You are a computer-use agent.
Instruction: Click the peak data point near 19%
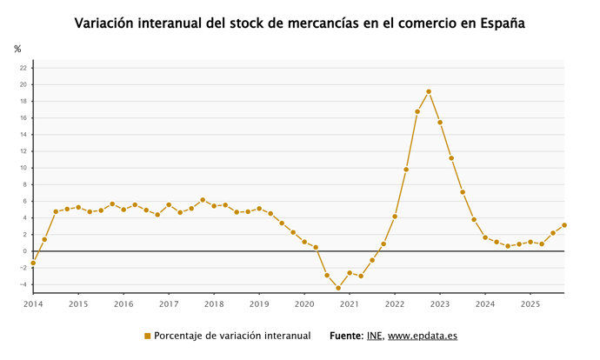(429, 91)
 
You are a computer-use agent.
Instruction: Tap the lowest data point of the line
(338, 288)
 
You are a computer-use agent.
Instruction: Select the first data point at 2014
(33, 263)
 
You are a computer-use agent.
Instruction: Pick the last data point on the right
(564, 225)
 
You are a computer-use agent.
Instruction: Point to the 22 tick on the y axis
(23, 68)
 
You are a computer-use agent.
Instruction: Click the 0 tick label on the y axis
(25, 251)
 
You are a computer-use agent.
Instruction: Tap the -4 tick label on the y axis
(23, 284)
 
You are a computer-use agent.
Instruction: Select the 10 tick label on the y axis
(23, 168)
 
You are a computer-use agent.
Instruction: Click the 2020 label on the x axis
(304, 304)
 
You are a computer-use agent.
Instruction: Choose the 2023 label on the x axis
(440, 304)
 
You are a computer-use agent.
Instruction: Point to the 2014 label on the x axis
(33, 304)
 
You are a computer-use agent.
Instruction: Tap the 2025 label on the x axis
(530, 304)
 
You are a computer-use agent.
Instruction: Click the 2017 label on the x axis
(169, 304)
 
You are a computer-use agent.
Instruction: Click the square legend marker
(147, 336)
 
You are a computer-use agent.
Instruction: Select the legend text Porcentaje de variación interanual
(232, 336)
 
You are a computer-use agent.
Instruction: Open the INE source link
(374, 336)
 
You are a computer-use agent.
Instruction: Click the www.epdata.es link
(423, 336)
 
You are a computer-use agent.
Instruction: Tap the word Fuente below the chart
(346, 336)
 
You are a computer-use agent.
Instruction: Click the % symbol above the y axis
(17, 49)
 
